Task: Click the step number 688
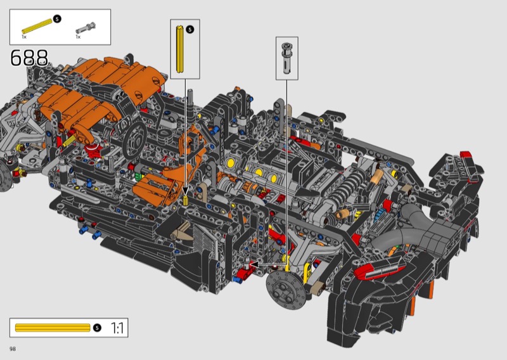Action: pos(29,58)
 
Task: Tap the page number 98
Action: pos(13,349)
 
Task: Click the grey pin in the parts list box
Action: pos(86,28)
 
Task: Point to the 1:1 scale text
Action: pos(117,328)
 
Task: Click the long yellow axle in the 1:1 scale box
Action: pos(53,328)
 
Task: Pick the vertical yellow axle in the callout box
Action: pos(180,49)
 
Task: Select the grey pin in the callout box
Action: pos(286,58)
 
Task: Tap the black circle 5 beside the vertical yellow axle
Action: pos(190,30)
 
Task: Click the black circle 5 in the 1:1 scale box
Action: pos(97,328)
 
